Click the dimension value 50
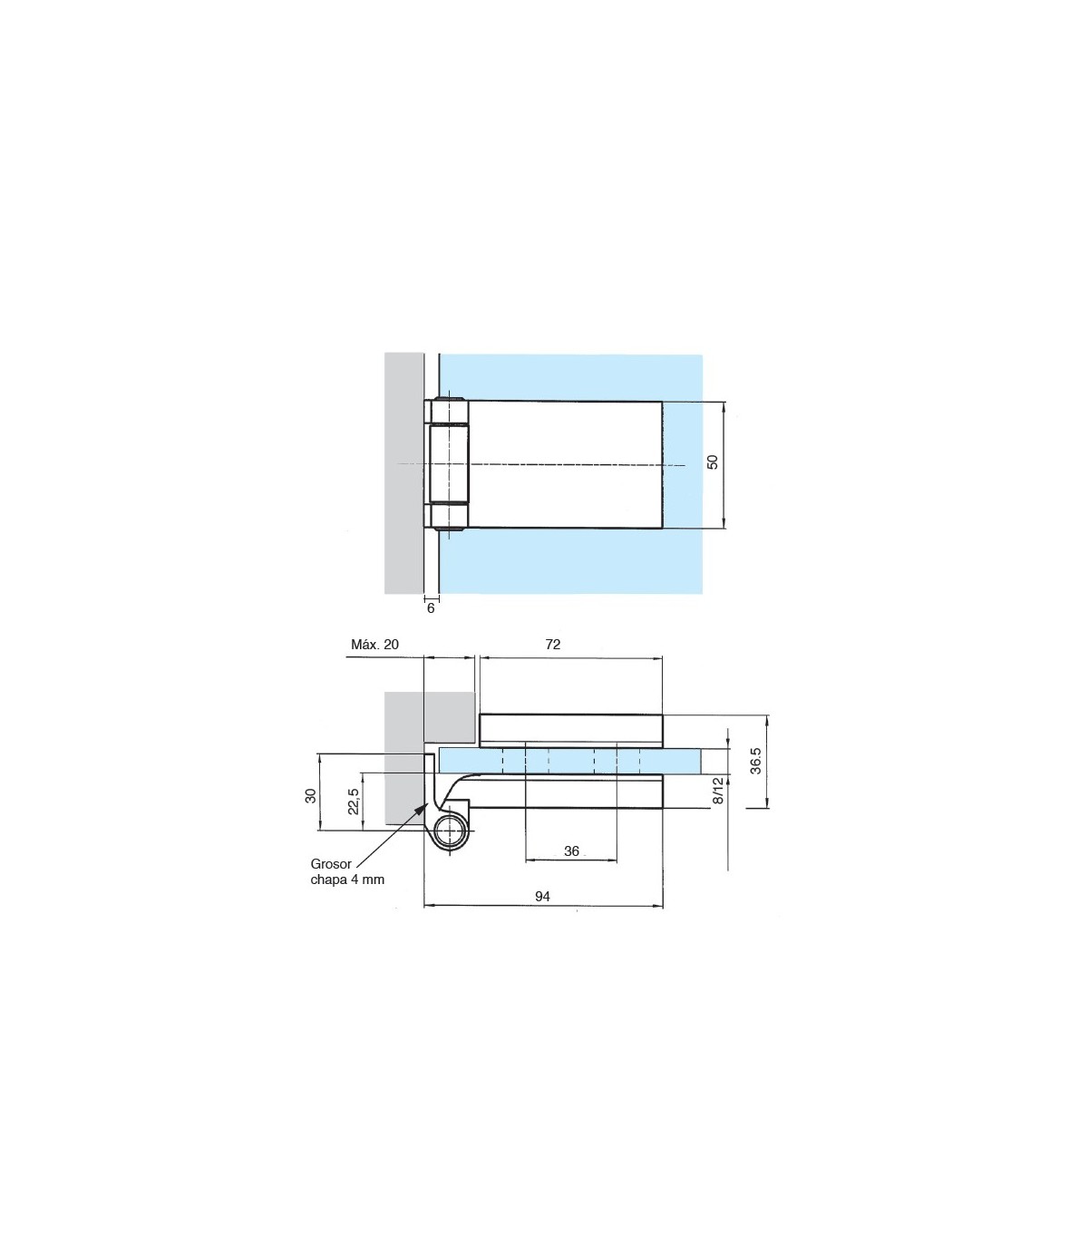point(713,462)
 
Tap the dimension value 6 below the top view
point(431,608)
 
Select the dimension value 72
point(552,645)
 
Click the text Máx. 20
point(374,645)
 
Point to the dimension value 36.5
point(755,760)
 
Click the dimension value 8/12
point(719,791)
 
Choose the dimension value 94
point(542,897)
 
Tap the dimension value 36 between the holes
point(571,851)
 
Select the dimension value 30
point(311,795)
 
